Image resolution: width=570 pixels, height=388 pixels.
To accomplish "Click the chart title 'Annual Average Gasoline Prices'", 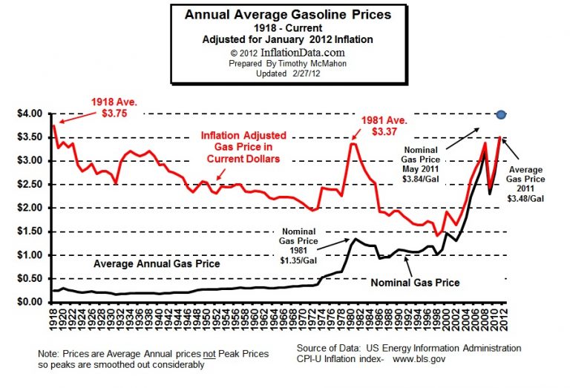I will pyautogui.click(x=287, y=14).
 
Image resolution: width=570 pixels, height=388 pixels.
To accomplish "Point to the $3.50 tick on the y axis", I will pyautogui.click(x=30, y=137).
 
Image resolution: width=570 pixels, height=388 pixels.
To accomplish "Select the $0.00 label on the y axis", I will pyautogui.click(x=30, y=303).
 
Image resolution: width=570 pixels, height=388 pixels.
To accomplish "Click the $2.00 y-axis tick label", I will pyautogui.click(x=30, y=208).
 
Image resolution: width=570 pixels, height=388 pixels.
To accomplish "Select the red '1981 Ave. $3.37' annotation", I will pyautogui.click(x=385, y=125).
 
